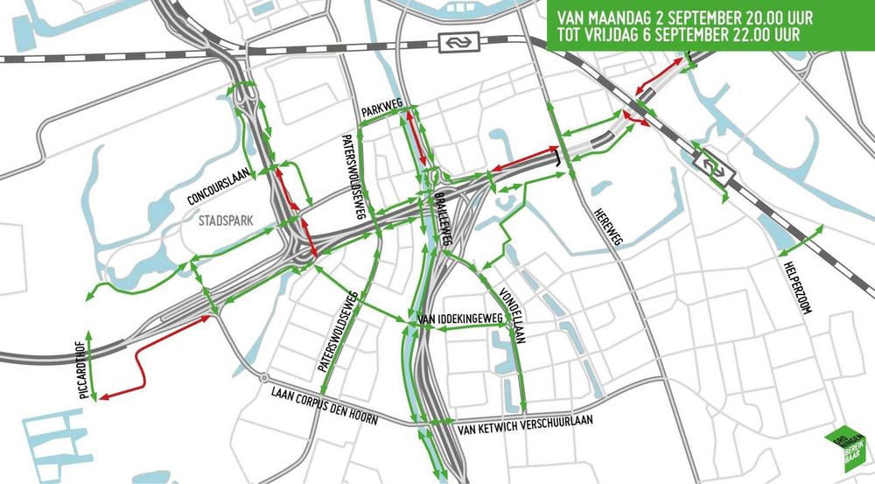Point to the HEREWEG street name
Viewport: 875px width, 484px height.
point(605,227)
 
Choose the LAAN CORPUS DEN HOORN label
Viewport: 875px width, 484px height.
point(325,405)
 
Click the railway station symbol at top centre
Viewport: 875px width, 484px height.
point(454,43)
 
